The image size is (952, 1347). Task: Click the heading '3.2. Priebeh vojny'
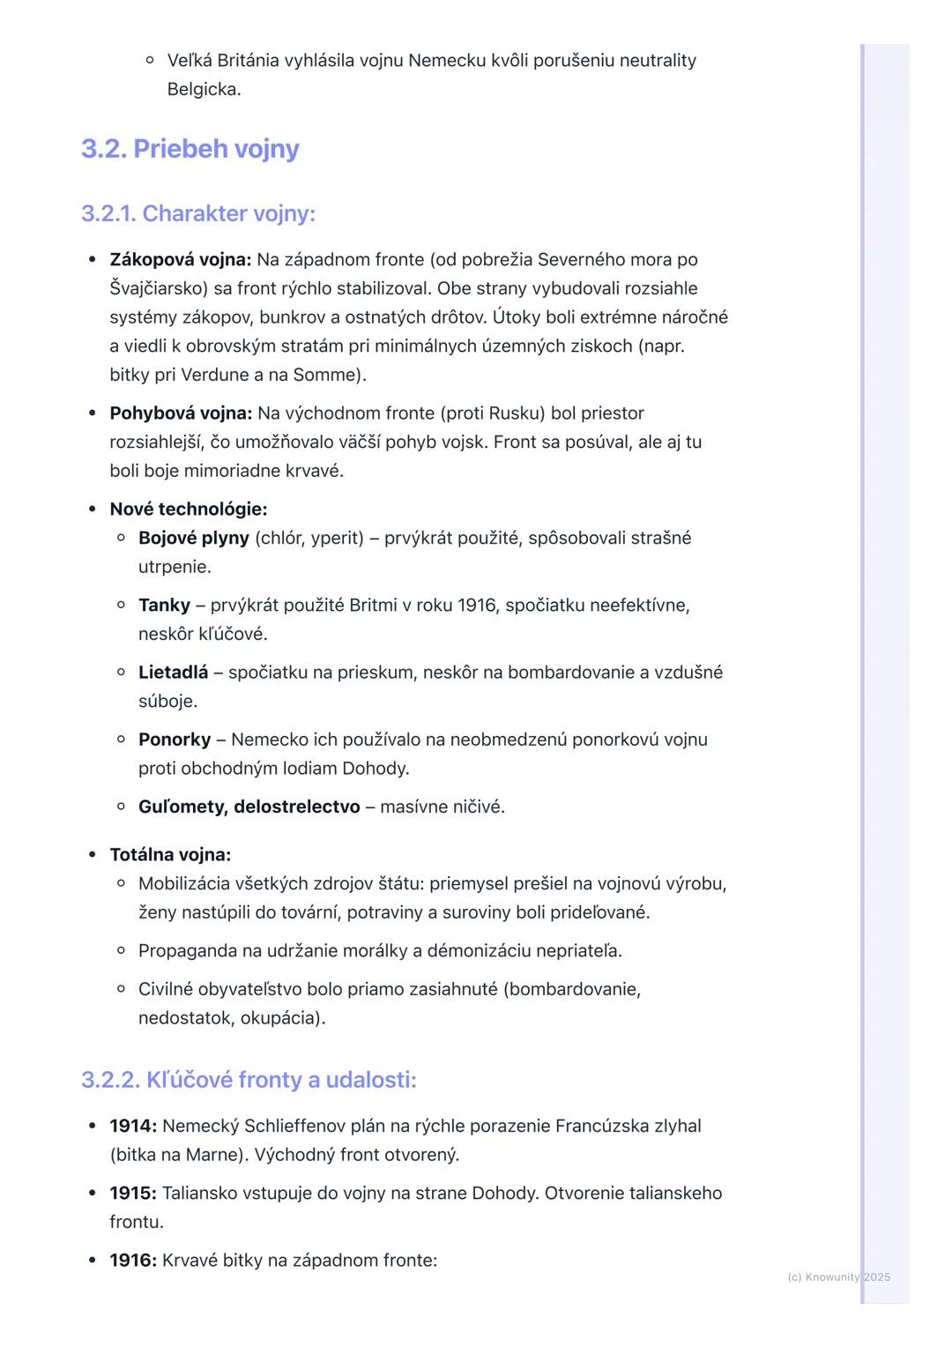[190, 149]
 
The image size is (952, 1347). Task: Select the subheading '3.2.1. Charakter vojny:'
[197, 213]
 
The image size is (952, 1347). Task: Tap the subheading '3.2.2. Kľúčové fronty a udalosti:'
[249, 1080]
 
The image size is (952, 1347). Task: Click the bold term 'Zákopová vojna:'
[181, 260]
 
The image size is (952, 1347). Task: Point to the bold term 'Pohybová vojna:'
[181, 413]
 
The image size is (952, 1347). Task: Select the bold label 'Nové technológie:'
[188, 510]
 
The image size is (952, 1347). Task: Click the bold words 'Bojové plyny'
[194, 538]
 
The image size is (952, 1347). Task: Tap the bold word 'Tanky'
[164, 606]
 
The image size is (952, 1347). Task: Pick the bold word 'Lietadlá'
[174, 673]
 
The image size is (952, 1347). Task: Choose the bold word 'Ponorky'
[175, 740]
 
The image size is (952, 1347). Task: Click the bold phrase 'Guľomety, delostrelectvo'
[249, 807]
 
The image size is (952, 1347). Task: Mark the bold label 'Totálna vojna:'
[170, 855]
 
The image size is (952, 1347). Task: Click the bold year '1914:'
[133, 1127]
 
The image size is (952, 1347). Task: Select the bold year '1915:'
[133, 1194]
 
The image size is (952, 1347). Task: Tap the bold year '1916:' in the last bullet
[133, 1261]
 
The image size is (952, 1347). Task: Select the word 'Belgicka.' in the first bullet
[204, 89]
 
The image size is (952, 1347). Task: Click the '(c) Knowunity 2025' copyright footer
[838, 1277]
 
